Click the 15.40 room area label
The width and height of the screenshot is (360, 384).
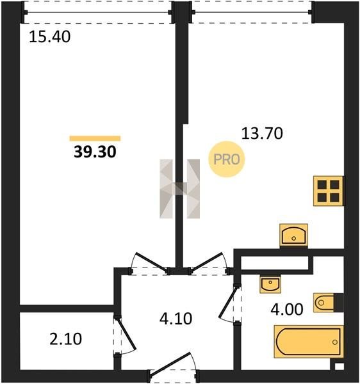(50, 37)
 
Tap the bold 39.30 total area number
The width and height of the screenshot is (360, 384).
(95, 152)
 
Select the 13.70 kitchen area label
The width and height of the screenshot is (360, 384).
(262, 134)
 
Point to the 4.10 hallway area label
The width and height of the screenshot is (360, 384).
(176, 319)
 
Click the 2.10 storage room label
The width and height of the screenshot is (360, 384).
(66, 339)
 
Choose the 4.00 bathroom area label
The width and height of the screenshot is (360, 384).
(287, 309)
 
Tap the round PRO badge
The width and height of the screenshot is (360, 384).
(226, 159)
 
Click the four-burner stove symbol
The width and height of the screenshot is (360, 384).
(329, 191)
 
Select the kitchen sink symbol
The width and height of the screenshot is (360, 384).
(293, 235)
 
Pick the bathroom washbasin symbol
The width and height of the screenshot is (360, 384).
(270, 284)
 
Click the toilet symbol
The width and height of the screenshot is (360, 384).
(324, 303)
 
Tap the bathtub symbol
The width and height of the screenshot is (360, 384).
(309, 342)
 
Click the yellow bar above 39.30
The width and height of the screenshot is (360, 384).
(95, 138)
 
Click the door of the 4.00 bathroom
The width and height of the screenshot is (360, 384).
(229, 303)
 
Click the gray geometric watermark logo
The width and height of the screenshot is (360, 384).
(179, 189)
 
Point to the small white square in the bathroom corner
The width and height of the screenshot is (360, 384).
(340, 366)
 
